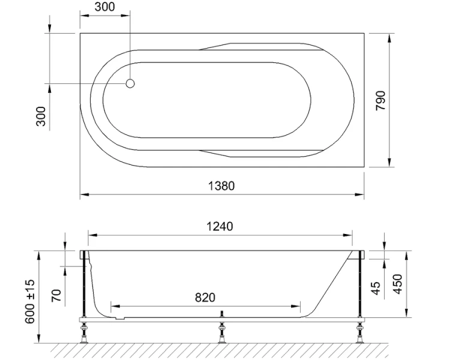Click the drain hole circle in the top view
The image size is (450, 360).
point(130,83)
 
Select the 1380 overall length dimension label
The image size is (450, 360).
point(221,185)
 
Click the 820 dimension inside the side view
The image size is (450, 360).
point(206,297)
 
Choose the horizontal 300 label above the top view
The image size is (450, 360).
point(105,8)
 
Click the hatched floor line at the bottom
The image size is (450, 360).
point(222,349)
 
